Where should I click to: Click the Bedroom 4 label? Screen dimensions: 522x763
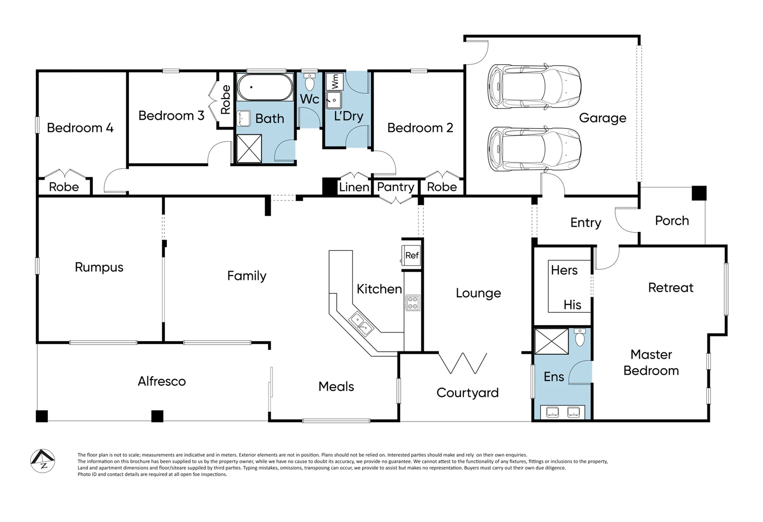pyautogui.click(x=80, y=128)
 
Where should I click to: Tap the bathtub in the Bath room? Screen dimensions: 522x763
pyautogui.click(x=265, y=87)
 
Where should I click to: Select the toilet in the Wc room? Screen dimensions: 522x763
pyautogui.click(x=309, y=83)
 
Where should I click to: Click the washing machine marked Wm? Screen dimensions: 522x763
pyautogui.click(x=334, y=81)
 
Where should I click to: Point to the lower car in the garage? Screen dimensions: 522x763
pyautogui.click(x=534, y=149)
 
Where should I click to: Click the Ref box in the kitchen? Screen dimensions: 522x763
pyautogui.click(x=412, y=255)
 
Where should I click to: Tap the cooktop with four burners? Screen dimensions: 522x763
pyautogui.click(x=412, y=303)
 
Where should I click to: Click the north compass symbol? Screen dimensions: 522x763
pyautogui.click(x=43, y=461)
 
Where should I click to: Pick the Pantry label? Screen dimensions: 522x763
pyautogui.click(x=395, y=187)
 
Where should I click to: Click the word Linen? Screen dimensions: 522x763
pyautogui.click(x=354, y=187)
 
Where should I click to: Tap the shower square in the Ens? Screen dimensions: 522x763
pyautogui.click(x=551, y=341)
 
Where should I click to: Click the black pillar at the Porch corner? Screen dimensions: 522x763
pyautogui.click(x=699, y=193)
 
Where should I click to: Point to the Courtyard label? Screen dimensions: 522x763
pyautogui.click(x=467, y=393)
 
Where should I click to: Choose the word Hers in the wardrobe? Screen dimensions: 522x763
pyautogui.click(x=564, y=270)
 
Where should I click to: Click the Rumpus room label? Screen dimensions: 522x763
pyautogui.click(x=99, y=267)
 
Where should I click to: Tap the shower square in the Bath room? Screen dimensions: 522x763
pyautogui.click(x=249, y=148)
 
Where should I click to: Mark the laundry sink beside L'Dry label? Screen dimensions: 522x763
pyautogui.click(x=334, y=101)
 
